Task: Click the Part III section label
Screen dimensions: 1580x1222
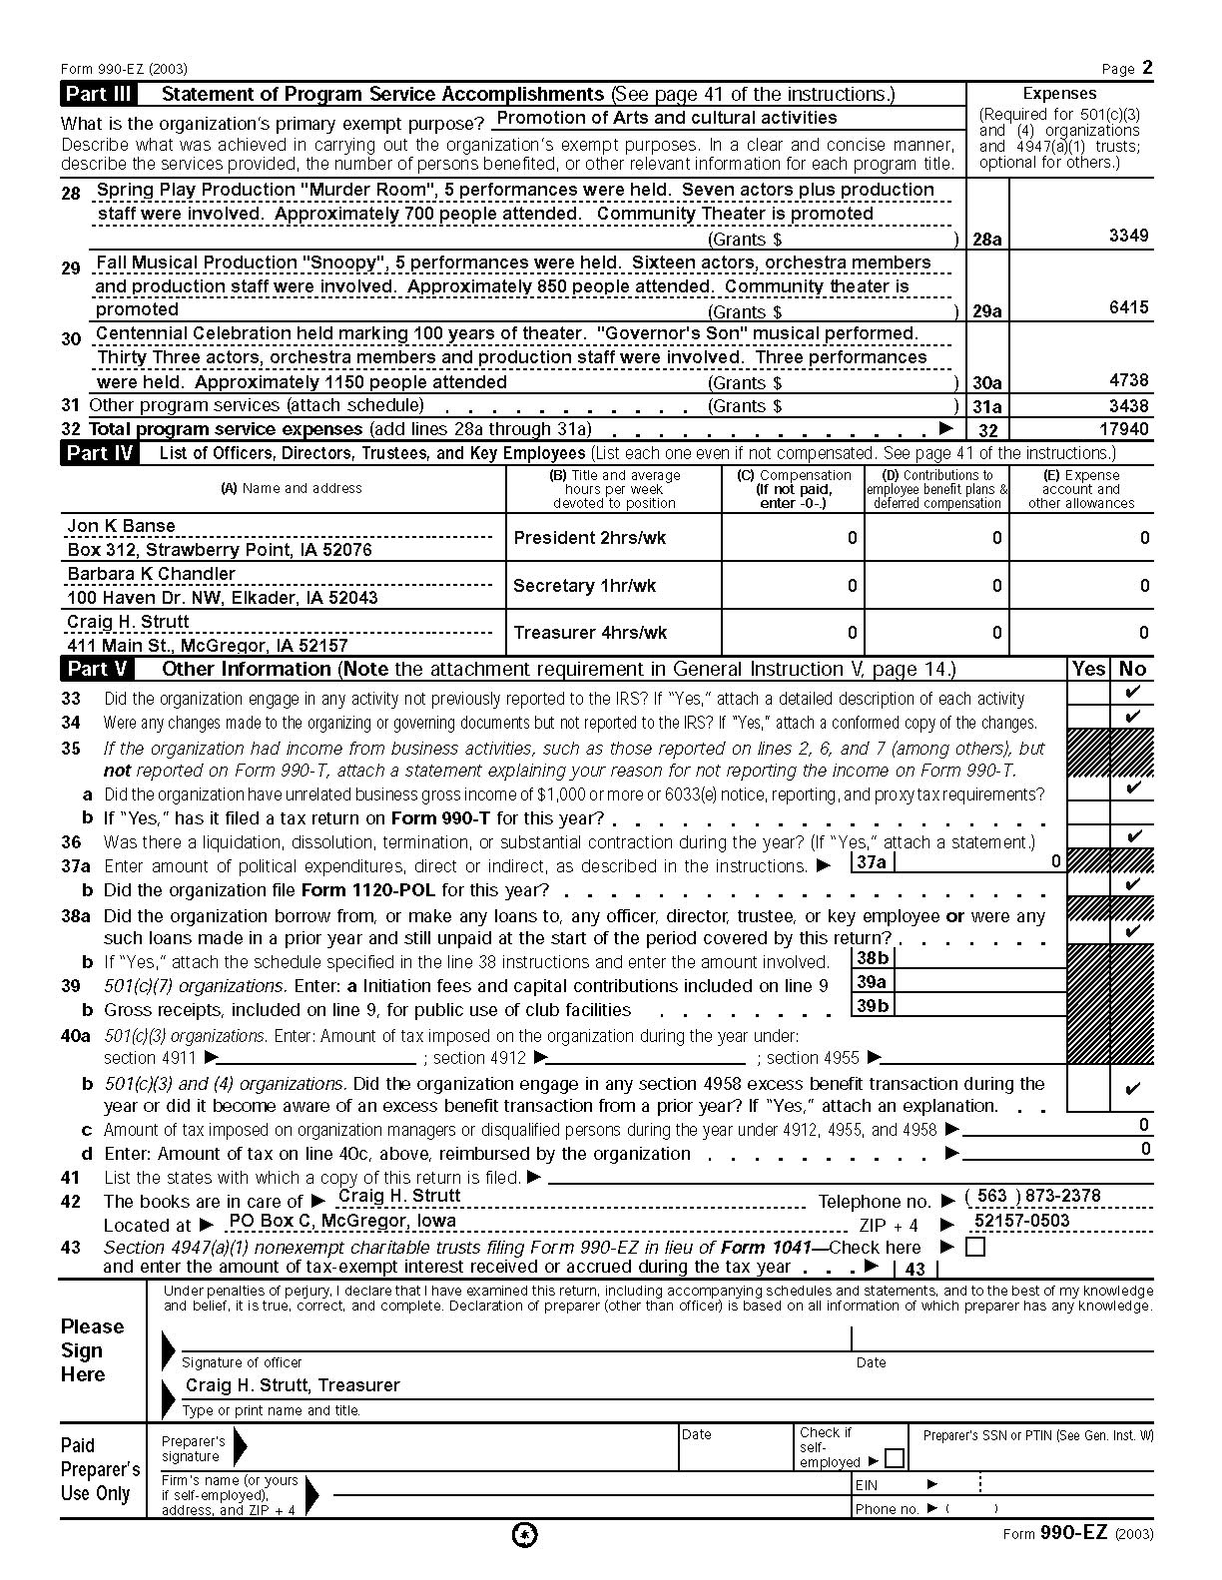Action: click(97, 95)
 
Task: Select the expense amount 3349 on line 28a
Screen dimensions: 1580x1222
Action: click(1128, 237)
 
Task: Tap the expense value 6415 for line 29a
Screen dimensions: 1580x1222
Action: click(1128, 308)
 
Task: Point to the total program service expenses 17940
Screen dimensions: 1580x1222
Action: click(1124, 430)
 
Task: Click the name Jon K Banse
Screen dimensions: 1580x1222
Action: click(121, 526)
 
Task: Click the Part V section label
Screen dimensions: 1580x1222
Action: click(96, 670)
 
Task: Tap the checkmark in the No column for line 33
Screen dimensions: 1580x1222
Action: click(1132, 693)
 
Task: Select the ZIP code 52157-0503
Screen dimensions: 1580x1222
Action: click(1021, 1221)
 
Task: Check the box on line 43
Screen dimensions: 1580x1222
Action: click(975, 1248)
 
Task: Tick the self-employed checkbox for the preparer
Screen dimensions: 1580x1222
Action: click(895, 1459)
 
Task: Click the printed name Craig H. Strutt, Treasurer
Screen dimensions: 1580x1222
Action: click(293, 1385)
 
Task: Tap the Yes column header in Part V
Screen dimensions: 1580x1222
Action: click(1088, 670)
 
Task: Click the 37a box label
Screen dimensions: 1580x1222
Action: click(872, 862)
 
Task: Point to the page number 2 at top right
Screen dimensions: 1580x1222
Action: click(1147, 68)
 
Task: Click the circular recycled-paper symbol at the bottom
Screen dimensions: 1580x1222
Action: click(524, 1535)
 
